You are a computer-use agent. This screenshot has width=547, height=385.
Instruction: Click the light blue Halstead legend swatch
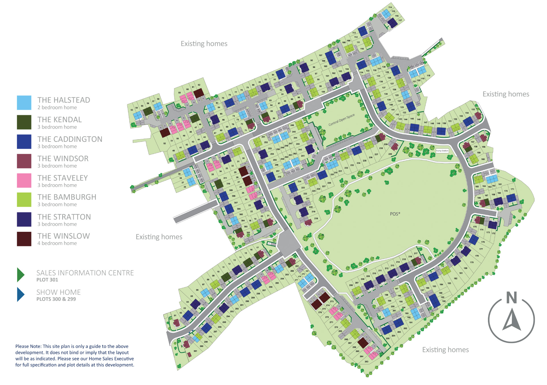click(24, 103)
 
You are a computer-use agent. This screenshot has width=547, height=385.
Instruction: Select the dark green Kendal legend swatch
click(24, 122)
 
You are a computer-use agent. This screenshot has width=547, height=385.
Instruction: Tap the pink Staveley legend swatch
click(24, 181)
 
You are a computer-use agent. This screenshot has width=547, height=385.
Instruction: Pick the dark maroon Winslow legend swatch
click(24, 239)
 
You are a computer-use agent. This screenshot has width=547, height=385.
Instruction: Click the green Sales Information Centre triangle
click(21, 275)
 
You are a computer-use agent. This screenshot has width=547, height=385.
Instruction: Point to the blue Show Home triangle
click(21, 294)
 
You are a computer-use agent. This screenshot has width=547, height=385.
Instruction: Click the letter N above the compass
click(512, 298)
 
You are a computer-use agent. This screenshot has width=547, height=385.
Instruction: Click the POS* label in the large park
click(395, 214)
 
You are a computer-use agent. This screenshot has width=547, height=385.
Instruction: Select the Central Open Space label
click(341, 120)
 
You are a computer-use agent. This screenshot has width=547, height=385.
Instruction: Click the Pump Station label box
click(442, 151)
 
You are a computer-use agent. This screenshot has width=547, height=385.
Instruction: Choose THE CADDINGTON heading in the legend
click(70, 139)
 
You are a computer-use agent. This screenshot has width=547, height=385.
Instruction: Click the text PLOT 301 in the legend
click(47, 280)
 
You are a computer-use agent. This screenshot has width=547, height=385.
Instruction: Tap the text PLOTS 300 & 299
click(56, 299)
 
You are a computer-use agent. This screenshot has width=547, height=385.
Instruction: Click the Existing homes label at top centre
click(204, 44)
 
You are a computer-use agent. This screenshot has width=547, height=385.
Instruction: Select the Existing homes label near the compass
click(445, 350)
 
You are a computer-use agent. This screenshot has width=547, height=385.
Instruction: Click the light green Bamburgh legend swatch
click(24, 200)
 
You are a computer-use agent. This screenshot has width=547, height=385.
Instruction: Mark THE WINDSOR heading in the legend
click(63, 159)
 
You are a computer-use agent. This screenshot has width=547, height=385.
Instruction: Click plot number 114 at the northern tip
click(390, 7)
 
